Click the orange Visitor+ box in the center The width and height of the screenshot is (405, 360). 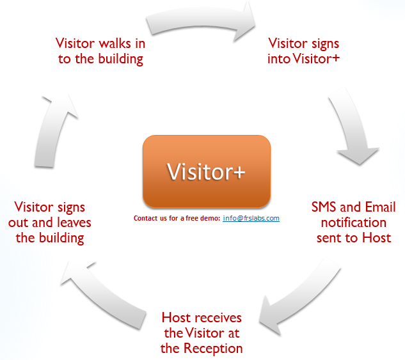click(x=206, y=171)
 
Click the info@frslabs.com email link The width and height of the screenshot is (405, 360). click(x=251, y=219)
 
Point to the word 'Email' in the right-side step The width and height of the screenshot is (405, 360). click(x=380, y=207)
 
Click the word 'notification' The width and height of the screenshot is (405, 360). click(x=353, y=223)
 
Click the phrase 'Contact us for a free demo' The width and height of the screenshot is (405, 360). click(x=176, y=219)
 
